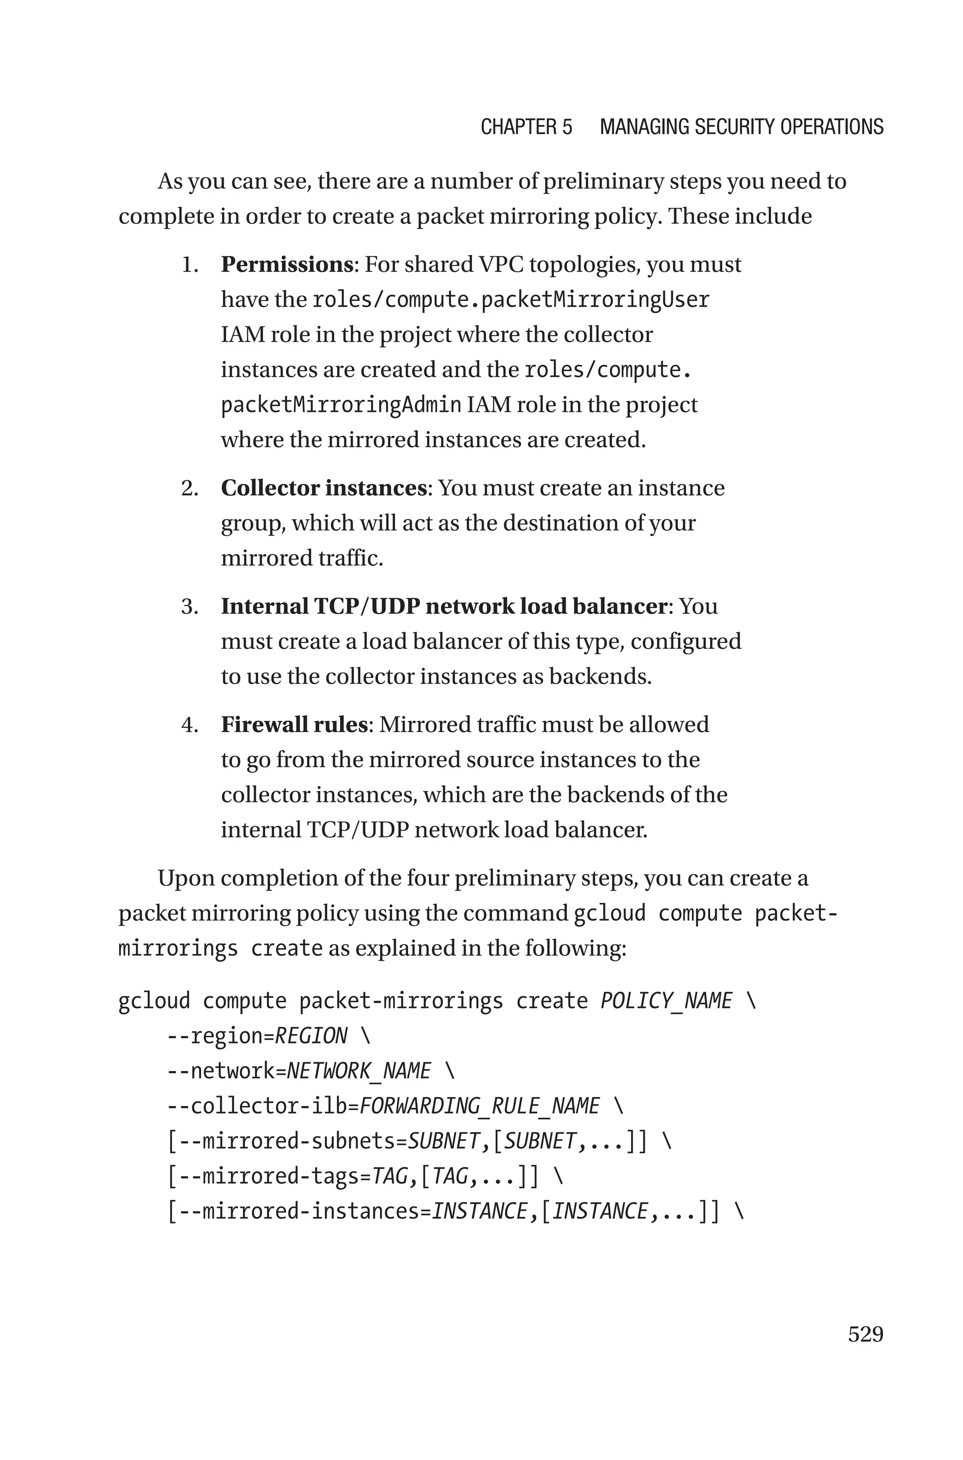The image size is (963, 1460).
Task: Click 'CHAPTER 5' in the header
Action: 526,127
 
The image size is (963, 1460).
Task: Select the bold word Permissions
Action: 287,265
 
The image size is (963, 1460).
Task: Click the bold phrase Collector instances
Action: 324,488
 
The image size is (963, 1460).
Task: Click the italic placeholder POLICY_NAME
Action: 666,1001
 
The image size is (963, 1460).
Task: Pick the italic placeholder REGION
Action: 311,1036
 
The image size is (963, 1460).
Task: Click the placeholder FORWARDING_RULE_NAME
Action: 479,1106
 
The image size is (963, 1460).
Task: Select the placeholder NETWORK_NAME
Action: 359,1071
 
